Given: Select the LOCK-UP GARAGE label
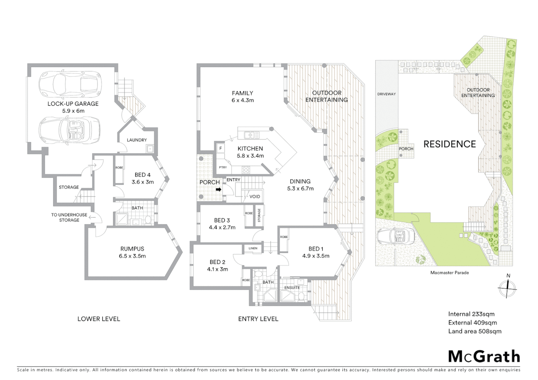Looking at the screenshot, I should pyautogui.click(x=73, y=104).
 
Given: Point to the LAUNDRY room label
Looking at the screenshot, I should pyautogui.click(x=137, y=140).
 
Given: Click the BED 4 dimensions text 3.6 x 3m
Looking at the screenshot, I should pyautogui.click(x=143, y=182).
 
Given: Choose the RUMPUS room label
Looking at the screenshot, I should pyautogui.click(x=132, y=249).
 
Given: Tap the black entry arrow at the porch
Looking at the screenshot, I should pyautogui.click(x=218, y=190).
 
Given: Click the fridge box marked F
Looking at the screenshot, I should pyautogui.click(x=221, y=148).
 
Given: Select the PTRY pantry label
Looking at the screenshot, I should pyautogui.click(x=223, y=167).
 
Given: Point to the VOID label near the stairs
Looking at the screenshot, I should pyautogui.click(x=255, y=196).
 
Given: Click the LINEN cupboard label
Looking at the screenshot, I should pyautogui.click(x=253, y=248).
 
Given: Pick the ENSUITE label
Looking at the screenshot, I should pyautogui.click(x=292, y=287).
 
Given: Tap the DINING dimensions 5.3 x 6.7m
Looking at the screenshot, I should pyautogui.click(x=300, y=189).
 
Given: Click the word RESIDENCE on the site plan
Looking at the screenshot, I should pyautogui.click(x=450, y=144).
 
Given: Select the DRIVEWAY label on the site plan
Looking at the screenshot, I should pyautogui.click(x=386, y=94).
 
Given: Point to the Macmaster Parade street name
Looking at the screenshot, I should pyautogui.click(x=449, y=272).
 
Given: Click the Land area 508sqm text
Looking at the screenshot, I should pyautogui.click(x=475, y=331).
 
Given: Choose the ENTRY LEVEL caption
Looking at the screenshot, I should pyautogui.click(x=258, y=319).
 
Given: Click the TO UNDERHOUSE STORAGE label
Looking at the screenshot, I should pyautogui.click(x=69, y=217).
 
